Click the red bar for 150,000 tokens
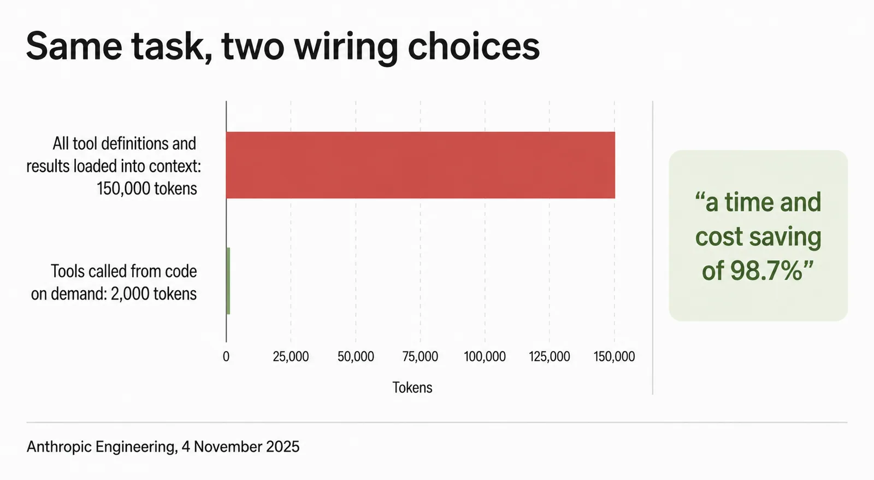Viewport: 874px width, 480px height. [421, 165]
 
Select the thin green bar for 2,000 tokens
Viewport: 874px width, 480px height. [228, 281]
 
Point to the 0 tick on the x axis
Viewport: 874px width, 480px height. [226, 356]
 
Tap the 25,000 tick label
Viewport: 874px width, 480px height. [291, 356]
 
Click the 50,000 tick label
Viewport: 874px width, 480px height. [356, 356]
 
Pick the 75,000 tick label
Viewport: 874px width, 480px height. [420, 356]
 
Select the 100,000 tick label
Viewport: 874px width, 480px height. [485, 356]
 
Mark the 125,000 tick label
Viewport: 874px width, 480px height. [550, 356]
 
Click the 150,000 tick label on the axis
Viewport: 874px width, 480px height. [614, 356]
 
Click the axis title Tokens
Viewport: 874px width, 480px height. [412, 388]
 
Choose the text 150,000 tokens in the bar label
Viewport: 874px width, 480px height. [147, 189]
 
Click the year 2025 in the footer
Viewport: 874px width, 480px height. [282, 447]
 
